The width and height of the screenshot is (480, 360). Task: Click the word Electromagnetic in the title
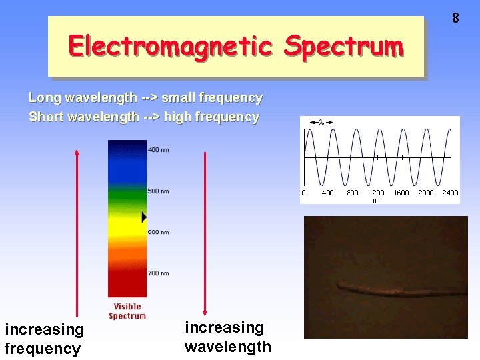click(x=170, y=46)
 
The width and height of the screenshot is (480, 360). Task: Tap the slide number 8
click(x=455, y=18)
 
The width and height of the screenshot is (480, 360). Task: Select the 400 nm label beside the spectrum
click(x=158, y=150)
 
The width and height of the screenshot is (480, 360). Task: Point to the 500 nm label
click(x=158, y=191)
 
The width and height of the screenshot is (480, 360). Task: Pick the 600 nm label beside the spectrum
click(x=158, y=232)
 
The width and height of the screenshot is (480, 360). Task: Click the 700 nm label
click(x=158, y=273)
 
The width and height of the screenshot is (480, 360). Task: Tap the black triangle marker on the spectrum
click(x=144, y=217)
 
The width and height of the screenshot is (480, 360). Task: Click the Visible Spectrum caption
click(x=127, y=311)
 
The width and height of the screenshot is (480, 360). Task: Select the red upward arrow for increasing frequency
click(x=77, y=233)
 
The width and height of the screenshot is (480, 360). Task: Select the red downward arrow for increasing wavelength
click(x=205, y=233)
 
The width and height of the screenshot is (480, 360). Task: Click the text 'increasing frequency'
click(x=44, y=339)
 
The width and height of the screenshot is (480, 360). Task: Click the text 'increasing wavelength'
click(x=227, y=337)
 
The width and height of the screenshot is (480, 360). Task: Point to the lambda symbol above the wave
click(x=321, y=122)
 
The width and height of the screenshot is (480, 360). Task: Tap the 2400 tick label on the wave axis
click(x=450, y=193)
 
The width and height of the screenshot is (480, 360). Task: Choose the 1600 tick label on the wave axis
click(x=401, y=193)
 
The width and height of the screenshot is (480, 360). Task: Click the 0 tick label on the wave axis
click(x=304, y=193)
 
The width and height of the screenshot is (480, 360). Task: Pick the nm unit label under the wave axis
click(x=377, y=200)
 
